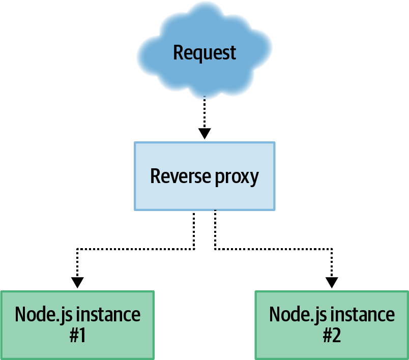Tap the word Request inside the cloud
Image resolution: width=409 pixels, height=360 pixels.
coord(205,52)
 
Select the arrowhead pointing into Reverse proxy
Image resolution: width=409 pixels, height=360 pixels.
coord(205,133)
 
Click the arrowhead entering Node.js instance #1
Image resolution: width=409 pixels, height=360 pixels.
coord(77,282)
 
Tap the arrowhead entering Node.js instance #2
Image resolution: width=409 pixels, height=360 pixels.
coord(332,282)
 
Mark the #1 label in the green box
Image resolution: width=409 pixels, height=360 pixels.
coord(77,336)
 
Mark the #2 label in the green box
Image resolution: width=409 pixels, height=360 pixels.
coord(332,336)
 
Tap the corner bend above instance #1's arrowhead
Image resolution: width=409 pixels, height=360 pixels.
coord(77,249)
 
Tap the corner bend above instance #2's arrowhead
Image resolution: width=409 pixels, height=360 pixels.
coord(332,249)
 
